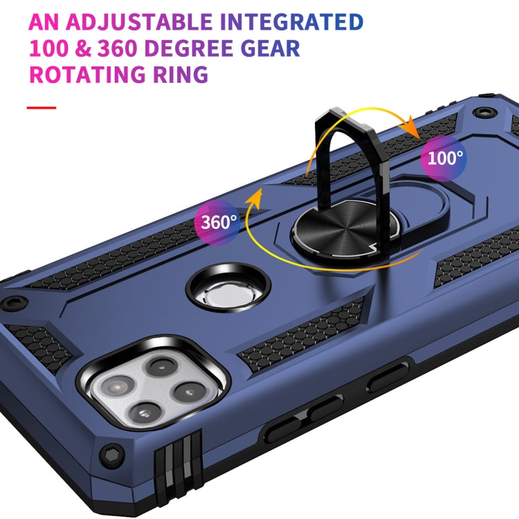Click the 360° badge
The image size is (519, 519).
point(219,221)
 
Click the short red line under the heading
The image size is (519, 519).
point(41,108)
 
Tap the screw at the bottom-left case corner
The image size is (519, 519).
point(111,455)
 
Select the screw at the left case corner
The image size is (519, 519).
point(15,302)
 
